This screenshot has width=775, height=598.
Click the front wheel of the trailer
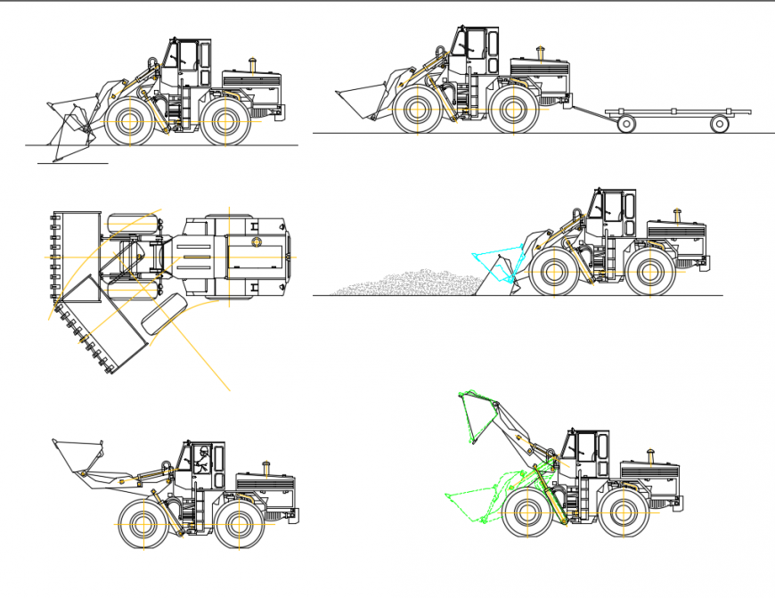point(626,124)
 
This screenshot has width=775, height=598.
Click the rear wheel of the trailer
point(720,124)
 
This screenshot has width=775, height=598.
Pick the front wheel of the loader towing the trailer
point(416,111)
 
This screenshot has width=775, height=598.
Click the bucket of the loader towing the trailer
point(361,101)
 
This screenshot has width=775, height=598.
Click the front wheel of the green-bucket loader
point(527,514)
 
